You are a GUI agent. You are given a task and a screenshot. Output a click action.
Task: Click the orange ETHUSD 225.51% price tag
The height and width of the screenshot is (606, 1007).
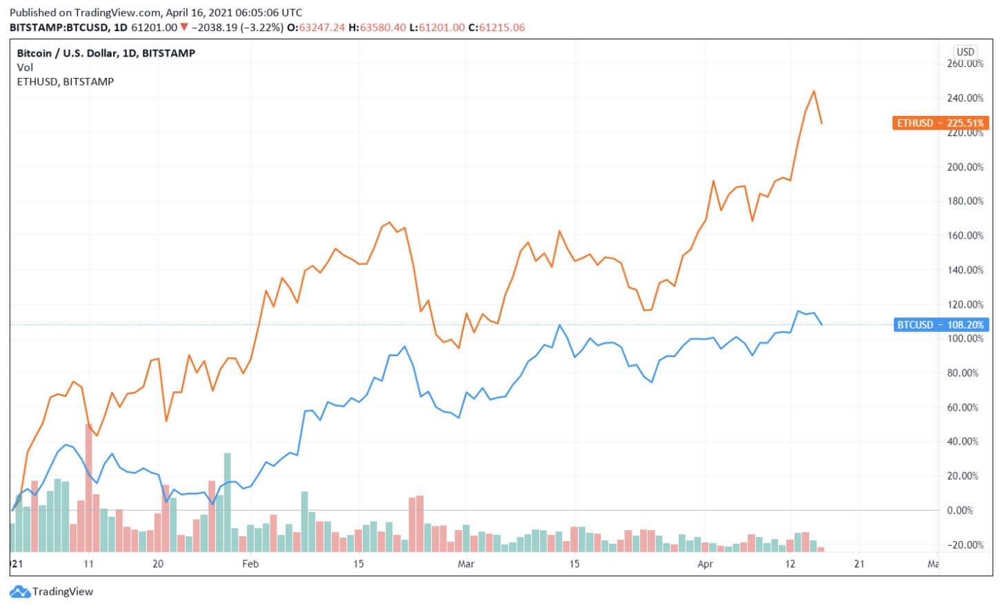940,124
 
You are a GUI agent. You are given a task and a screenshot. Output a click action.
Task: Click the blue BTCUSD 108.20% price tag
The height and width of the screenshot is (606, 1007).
940,324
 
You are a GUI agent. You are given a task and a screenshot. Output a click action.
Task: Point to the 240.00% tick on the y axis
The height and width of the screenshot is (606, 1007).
965,98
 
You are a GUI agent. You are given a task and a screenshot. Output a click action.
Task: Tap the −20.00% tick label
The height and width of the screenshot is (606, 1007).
964,545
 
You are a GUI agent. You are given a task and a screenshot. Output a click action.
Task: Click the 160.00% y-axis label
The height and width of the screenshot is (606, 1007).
965,235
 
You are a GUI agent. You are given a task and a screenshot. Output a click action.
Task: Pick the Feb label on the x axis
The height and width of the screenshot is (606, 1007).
250,564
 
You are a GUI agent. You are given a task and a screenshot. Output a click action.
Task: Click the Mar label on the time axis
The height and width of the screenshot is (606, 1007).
466,564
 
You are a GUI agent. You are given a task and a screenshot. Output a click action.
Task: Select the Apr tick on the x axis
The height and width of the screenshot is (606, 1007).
705,564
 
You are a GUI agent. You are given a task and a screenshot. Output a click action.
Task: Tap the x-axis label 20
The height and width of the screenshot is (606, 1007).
158,564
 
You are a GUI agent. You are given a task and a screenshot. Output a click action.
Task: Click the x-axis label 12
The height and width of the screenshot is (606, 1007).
790,564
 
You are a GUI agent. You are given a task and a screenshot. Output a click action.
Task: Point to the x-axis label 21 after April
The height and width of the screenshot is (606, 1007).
859,564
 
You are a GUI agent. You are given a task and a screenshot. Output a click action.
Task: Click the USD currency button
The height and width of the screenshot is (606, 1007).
965,52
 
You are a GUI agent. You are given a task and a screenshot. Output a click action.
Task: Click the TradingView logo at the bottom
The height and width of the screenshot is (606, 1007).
52,592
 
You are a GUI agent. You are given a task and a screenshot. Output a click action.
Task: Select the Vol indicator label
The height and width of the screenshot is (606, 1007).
25,67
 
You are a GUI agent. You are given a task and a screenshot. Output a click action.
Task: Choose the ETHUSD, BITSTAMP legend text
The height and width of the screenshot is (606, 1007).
66,81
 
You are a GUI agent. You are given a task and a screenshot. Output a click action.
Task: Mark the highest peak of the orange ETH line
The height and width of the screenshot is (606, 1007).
814,91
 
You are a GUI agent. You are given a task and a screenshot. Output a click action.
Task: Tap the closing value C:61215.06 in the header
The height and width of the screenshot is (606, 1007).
497,28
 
